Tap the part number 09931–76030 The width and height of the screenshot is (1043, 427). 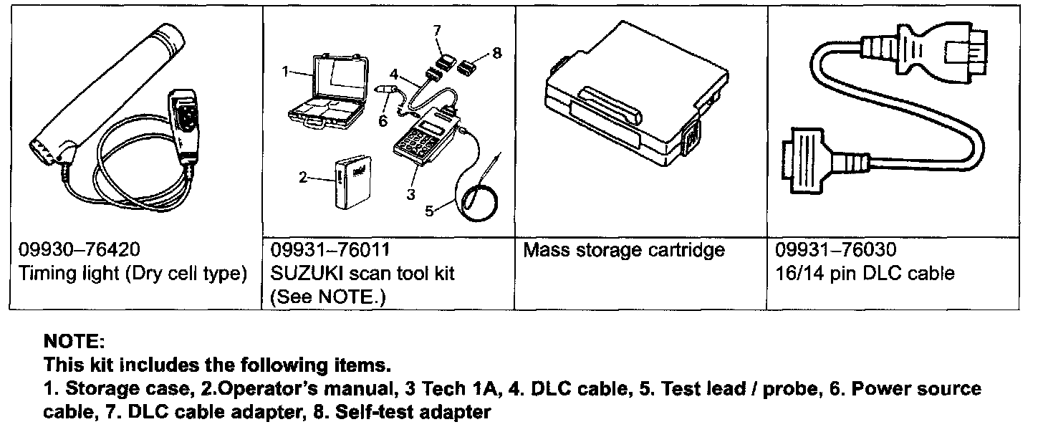click(836, 250)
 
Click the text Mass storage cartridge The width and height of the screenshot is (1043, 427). click(624, 250)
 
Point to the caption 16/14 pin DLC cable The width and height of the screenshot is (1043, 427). click(865, 273)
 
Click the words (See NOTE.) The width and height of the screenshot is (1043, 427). click(328, 296)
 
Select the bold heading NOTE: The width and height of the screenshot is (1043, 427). click(74, 342)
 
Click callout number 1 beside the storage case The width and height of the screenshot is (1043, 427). click(285, 71)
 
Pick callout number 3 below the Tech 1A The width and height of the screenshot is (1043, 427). click(410, 193)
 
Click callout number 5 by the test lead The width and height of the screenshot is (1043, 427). click(429, 211)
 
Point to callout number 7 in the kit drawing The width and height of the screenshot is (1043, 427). click(436, 29)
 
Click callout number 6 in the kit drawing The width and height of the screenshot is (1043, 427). click(383, 121)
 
